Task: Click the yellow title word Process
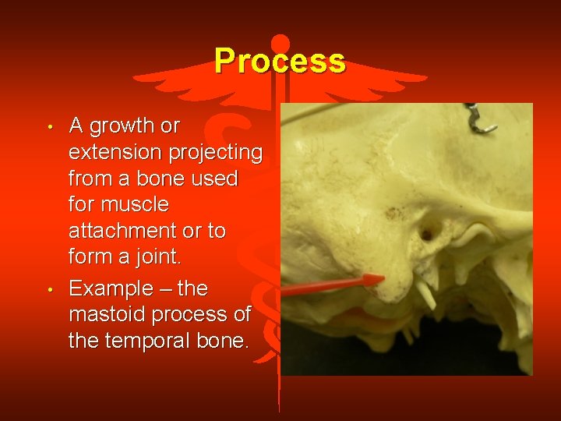280,60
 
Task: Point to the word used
217,179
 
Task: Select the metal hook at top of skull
480,118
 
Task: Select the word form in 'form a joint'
89,257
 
